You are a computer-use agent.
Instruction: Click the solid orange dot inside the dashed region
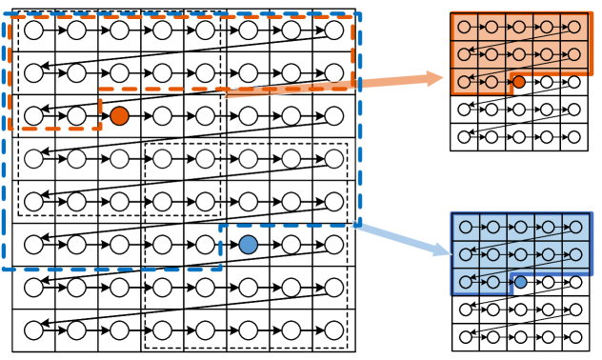coord(119,116)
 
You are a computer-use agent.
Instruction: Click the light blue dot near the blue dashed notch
coord(248,245)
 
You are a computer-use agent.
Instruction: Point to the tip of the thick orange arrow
coord(443,77)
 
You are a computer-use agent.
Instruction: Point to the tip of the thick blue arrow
coord(450,254)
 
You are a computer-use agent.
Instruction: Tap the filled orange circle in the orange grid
coord(519,82)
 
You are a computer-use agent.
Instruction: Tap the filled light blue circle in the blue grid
coord(520,282)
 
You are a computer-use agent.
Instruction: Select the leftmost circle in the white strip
coord(33,159)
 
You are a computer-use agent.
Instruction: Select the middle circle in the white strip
coord(76,159)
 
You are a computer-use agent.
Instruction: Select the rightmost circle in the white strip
coord(119,159)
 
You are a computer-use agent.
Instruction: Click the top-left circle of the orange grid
coord(464,27)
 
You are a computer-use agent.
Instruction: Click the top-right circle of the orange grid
coord(574,27)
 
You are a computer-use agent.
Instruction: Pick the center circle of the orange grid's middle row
coord(519,54)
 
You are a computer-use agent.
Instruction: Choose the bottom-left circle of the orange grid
coord(464,82)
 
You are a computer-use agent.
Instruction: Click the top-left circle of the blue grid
coord(466,227)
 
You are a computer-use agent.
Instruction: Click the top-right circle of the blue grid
coord(575,227)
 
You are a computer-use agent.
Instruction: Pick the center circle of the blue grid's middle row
coord(520,254)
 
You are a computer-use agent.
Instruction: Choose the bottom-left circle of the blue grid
coord(466,282)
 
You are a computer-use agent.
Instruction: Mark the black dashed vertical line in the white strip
coord(17,159)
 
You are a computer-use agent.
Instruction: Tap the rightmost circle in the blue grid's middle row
coord(575,254)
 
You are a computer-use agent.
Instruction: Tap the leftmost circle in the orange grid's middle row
coord(464,54)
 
